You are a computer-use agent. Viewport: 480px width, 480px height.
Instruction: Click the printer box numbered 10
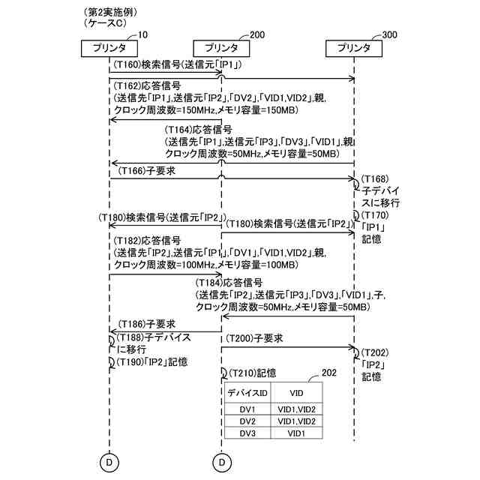pyautogui.click(x=109, y=47)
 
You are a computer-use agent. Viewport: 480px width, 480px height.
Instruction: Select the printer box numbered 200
pyautogui.click(x=221, y=47)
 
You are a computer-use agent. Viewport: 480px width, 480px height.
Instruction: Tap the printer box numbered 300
pyautogui.click(x=355, y=47)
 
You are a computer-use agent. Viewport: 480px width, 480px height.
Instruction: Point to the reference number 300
pyautogui.click(x=390, y=34)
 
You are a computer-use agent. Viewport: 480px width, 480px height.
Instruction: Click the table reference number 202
pyautogui.click(x=328, y=372)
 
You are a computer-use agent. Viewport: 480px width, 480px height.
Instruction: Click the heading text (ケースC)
pyautogui.click(x=103, y=24)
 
